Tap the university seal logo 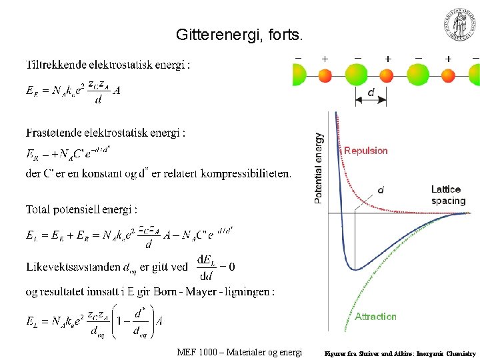460,25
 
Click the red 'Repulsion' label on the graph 365,151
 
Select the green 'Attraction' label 375,317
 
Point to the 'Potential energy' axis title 319,167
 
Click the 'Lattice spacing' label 448,195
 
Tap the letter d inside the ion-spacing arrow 371,93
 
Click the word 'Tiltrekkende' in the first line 55,65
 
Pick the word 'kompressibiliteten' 247,174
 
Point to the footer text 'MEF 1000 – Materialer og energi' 239,352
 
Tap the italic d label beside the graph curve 381,190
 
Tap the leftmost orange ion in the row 325,75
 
